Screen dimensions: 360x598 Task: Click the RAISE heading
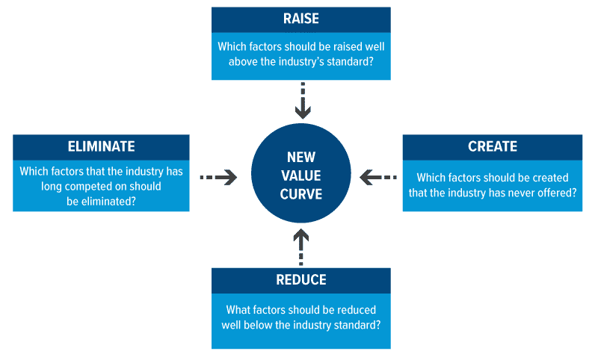tap(301, 19)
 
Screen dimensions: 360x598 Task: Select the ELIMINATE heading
tap(101, 146)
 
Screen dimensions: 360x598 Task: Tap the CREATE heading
tap(493, 146)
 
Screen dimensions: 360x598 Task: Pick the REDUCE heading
tap(301, 280)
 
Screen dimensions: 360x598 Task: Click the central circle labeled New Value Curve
tap(301, 176)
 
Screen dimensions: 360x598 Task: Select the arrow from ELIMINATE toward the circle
tap(219, 177)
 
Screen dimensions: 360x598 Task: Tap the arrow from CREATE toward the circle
tap(379, 177)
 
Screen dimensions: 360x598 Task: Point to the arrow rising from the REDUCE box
tap(301, 247)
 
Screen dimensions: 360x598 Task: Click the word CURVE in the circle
tap(301, 195)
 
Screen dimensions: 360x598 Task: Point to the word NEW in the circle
tap(301, 158)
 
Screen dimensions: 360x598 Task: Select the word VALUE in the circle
tap(301, 176)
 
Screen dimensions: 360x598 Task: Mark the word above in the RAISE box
tap(234, 62)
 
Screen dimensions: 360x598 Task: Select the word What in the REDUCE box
tap(239, 309)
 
